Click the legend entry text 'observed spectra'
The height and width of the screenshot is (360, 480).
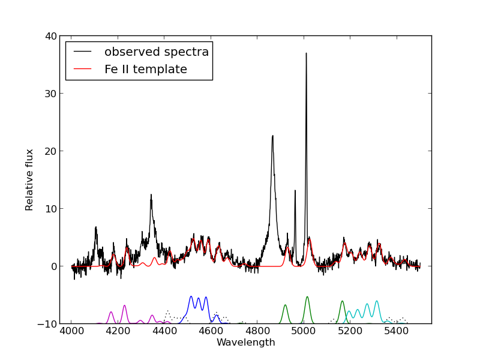157,52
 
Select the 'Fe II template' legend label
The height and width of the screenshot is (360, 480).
146,69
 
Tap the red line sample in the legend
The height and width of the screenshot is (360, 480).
82,69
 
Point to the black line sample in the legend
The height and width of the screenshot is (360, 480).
82,52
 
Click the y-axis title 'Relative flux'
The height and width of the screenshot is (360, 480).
29,180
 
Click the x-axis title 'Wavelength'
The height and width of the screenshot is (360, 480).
246,342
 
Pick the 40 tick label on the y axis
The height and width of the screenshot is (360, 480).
51,36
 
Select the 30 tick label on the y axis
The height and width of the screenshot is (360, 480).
51,94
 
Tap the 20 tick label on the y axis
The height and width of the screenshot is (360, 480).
51,151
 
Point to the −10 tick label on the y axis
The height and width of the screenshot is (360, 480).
47,324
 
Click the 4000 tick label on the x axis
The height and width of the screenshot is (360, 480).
71,331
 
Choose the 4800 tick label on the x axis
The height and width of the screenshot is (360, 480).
257,331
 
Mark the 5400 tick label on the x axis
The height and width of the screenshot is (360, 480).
396,331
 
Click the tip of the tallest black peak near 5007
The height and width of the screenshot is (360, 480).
306,53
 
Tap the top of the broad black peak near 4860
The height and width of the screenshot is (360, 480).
272,136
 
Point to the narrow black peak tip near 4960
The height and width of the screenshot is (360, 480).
295,190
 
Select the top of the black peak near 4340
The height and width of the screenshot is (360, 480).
151,194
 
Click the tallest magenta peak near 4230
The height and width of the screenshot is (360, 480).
125,305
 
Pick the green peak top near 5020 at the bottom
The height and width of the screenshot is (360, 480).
307,297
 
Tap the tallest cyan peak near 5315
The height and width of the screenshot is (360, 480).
377,301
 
